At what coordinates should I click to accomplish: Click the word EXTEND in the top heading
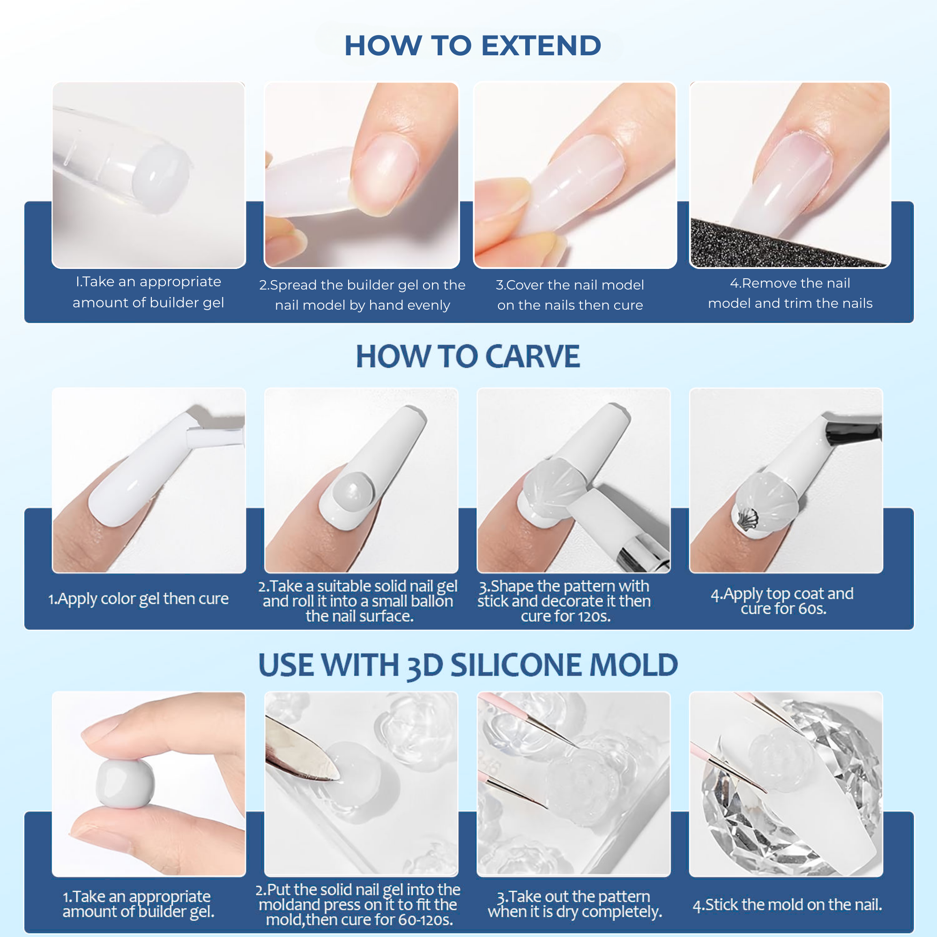tap(541, 45)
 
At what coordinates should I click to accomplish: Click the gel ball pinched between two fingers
tap(125, 784)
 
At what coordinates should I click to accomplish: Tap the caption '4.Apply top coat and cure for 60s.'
tap(782, 601)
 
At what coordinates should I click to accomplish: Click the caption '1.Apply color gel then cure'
tap(138, 598)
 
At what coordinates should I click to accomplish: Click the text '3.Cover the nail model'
tap(569, 285)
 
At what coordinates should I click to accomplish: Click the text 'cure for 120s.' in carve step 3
tap(565, 616)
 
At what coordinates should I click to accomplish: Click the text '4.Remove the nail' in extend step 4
tap(789, 283)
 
